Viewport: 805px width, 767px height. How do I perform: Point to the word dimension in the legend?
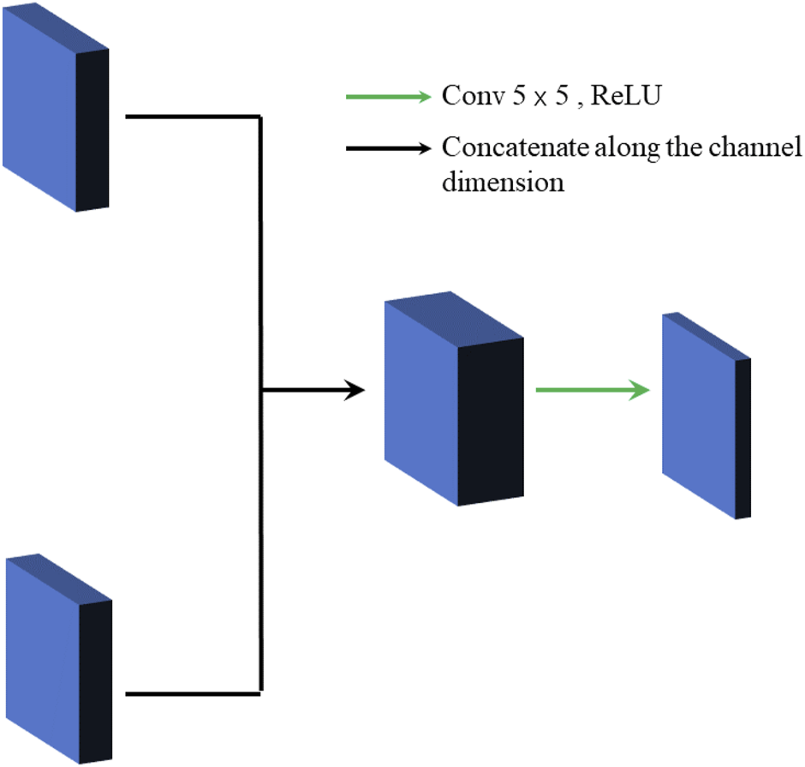pyautogui.click(x=503, y=182)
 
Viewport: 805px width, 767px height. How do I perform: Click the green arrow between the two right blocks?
pyautogui.click(x=591, y=391)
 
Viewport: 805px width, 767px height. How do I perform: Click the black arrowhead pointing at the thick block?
pyautogui.click(x=355, y=392)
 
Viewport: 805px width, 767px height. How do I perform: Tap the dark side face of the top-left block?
pyautogui.click(x=93, y=129)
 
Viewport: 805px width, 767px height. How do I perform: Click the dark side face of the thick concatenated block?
pyautogui.click(x=491, y=420)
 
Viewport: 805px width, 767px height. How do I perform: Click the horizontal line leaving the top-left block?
pyautogui.click(x=193, y=116)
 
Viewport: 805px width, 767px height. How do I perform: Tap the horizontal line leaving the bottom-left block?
pyautogui.click(x=193, y=693)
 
